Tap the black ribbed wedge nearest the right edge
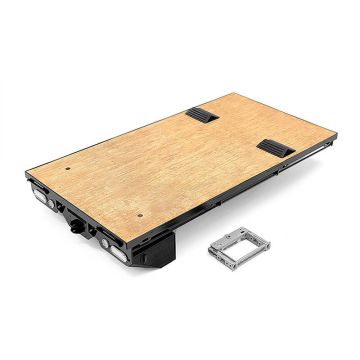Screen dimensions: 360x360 pos(272,147)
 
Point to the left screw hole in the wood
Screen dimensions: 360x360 pos(66,170)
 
